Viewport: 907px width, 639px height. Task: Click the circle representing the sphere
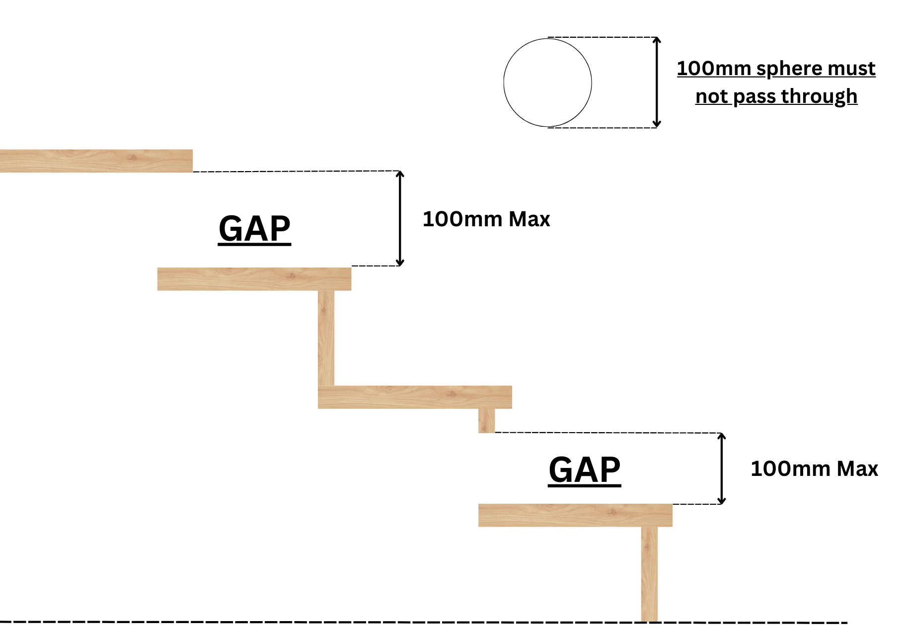click(x=547, y=83)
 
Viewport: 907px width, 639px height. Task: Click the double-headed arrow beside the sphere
click(x=657, y=83)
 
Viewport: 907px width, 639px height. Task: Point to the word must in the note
click(x=853, y=69)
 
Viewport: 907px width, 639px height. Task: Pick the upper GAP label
click(x=254, y=229)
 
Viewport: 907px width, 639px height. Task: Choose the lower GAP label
click(x=585, y=470)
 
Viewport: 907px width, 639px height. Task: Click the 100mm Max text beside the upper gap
click(x=486, y=219)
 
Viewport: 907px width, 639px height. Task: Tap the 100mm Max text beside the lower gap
click(x=814, y=469)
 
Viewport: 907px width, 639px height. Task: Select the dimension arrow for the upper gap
click(x=400, y=218)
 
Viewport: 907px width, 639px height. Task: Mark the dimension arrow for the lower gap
click(x=722, y=469)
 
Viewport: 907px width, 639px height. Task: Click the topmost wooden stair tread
click(x=96, y=161)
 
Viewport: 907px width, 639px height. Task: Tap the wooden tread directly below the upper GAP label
click(x=254, y=279)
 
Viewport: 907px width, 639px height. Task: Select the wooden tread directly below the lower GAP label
click(x=575, y=515)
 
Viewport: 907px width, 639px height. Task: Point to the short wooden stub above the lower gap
click(x=486, y=421)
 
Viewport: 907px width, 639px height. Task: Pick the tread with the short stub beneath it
click(x=414, y=397)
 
